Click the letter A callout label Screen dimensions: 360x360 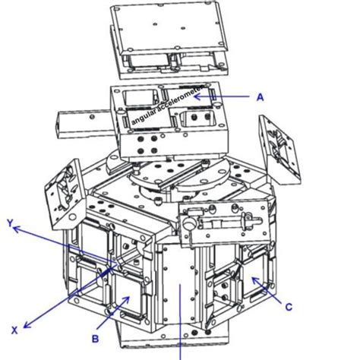click(259, 97)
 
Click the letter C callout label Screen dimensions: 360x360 click(289, 308)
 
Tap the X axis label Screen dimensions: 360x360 click(13, 329)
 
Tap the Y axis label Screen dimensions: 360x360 click(11, 225)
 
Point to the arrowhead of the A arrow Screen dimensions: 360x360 click(207, 97)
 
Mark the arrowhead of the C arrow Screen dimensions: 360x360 click(254, 281)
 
